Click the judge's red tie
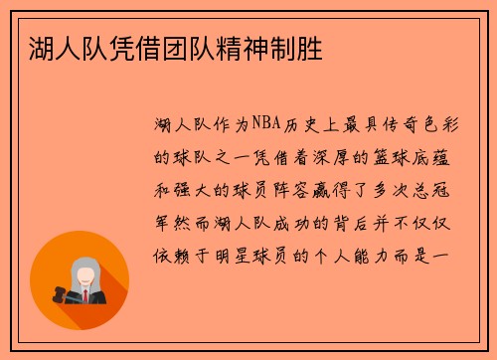tap(84, 295)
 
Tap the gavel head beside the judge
tap(54, 295)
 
